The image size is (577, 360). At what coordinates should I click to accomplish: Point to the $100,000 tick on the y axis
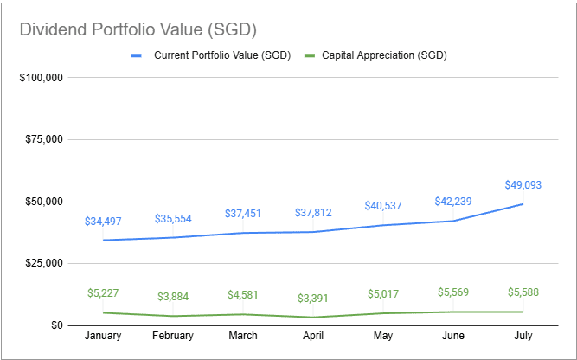tap(42, 78)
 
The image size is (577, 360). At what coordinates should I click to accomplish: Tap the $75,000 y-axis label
tap(44, 140)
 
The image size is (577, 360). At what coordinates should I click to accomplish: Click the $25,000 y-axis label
tap(44, 263)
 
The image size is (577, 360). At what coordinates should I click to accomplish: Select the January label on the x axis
tap(104, 336)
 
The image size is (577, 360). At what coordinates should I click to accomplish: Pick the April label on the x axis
tap(313, 336)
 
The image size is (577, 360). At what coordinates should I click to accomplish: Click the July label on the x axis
tap(522, 336)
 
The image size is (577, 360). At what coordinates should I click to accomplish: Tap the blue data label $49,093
tap(522, 184)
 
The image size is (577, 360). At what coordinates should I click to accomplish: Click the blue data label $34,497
tap(104, 221)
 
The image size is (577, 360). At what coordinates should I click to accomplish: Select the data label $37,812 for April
tap(313, 213)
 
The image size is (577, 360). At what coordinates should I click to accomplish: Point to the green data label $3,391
tap(313, 299)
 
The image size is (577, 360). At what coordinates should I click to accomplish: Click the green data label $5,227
tap(104, 292)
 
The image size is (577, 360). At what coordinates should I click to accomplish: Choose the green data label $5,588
tap(522, 292)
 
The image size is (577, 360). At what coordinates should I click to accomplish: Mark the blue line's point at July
tap(522, 204)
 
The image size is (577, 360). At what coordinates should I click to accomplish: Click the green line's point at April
tap(313, 317)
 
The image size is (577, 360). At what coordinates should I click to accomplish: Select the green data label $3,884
tap(174, 297)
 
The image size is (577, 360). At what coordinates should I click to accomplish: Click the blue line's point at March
tap(243, 233)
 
